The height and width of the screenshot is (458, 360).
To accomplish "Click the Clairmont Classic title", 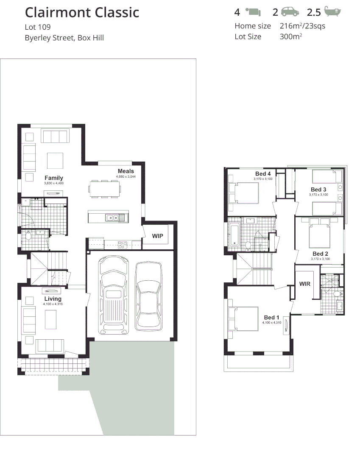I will (x=82, y=13).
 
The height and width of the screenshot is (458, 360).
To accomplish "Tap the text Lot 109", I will (x=38, y=27).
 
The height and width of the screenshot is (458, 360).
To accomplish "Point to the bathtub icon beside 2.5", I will (x=332, y=12).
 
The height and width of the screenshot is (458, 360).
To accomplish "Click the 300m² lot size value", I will (x=290, y=36).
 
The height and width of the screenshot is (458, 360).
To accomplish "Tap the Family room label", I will (x=53, y=178).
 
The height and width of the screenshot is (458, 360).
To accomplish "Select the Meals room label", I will (x=126, y=171).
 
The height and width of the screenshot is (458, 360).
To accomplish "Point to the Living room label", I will (x=53, y=299).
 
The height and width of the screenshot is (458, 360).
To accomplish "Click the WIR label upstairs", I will (x=305, y=284).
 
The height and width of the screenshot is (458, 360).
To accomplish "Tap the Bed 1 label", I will (x=271, y=317).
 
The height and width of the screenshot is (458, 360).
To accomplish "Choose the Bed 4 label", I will (x=263, y=174).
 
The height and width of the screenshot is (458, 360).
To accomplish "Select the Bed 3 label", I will (x=318, y=189).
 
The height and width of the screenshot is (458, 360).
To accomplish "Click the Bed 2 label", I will (x=321, y=254).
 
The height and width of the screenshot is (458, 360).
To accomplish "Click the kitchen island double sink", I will (x=112, y=218).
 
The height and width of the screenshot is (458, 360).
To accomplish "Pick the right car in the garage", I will (x=148, y=296).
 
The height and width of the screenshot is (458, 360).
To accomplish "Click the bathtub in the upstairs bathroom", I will (x=234, y=235).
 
